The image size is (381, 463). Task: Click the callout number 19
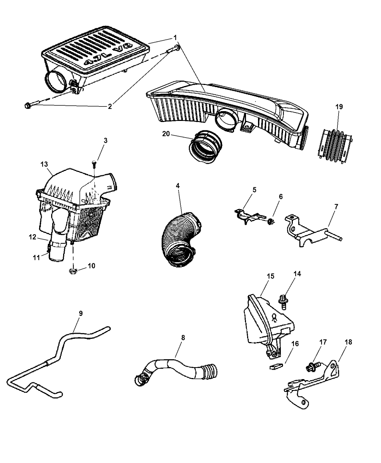tap(339, 107)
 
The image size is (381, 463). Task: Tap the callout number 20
tap(166, 134)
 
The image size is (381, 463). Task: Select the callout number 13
tap(44, 165)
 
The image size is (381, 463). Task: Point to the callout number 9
tap(81, 313)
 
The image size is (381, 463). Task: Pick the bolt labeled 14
tap(283, 301)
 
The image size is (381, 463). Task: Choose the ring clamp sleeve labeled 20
tap(204, 148)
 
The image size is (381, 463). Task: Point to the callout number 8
tap(183, 338)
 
